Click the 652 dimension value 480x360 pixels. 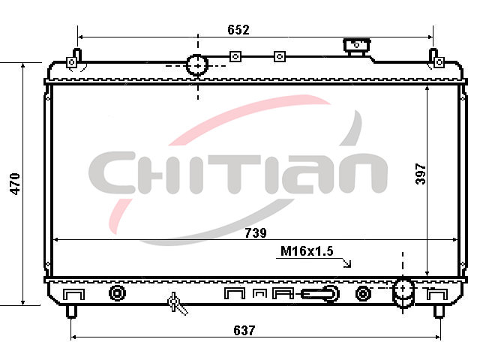[x=238, y=30]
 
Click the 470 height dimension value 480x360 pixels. [x=15, y=184]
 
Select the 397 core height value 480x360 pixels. [x=421, y=174]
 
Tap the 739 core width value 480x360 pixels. [x=256, y=233]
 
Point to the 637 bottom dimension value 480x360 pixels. [x=244, y=330]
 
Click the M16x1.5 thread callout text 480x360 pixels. [x=307, y=251]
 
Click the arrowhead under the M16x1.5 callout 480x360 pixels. [x=347, y=263]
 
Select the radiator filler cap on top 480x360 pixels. [x=357, y=46]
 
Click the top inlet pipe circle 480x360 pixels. [x=197, y=65]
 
